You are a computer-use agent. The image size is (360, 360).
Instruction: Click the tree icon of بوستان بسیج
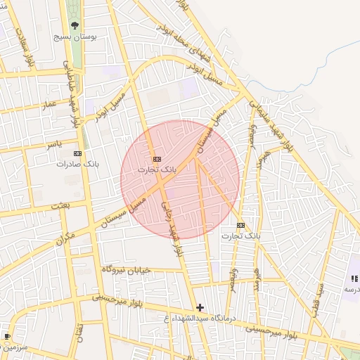(76, 25)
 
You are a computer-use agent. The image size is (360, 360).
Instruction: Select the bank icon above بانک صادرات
(77, 153)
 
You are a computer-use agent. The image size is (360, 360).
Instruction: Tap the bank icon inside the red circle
(156, 160)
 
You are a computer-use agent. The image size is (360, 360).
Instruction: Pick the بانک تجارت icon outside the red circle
(241, 225)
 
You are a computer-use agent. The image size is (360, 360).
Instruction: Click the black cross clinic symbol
(200, 307)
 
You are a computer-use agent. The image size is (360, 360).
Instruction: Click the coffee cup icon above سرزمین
(7, 337)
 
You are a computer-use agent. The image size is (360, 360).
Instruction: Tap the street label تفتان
(79, 332)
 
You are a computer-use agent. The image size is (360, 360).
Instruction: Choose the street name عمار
(49, 104)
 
